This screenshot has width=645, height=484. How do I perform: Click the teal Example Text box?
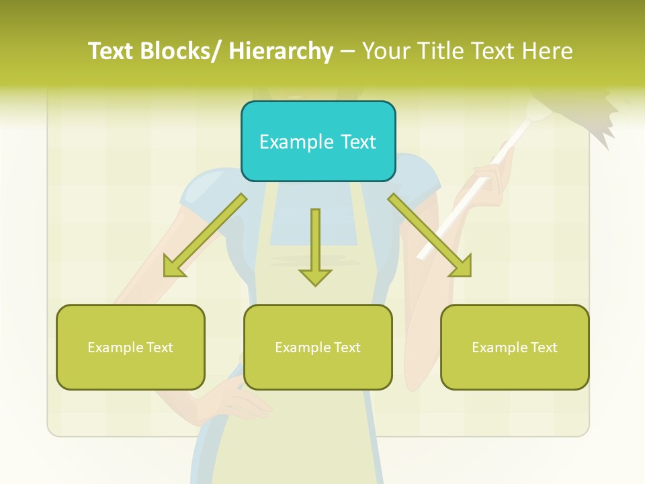coord(318,141)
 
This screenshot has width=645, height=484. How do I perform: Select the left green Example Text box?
coord(130,347)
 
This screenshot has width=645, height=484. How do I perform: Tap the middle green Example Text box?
coord(318,347)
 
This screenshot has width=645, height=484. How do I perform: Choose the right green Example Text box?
coord(515,347)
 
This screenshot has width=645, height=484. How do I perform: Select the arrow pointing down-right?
coord(429,235)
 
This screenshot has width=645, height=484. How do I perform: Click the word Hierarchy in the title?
coord(281,51)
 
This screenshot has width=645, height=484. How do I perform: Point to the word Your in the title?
coord(386,51)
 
